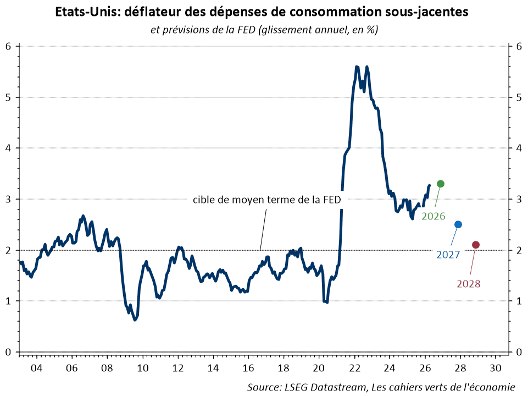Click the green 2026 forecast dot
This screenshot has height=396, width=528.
pos(441,184)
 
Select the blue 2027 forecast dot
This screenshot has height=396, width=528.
pos(458,224)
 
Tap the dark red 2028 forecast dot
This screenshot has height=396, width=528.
pos(476,245)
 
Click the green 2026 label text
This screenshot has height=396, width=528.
pos(433,216)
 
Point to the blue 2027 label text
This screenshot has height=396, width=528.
pos(448,255)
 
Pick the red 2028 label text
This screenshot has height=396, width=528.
pos(469,284)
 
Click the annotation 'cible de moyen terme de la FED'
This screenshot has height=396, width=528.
pos(266,200)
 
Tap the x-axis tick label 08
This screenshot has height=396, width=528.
pos(107,368)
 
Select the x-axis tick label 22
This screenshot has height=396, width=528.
pos(354,368)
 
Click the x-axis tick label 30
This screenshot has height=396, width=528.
pos(496,368)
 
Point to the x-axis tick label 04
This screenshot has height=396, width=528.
pos(36,368)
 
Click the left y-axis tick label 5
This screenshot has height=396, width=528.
pos(8,97)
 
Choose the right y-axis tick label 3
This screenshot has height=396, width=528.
pos(519,199)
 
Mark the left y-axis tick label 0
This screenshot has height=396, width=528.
pos(8,352)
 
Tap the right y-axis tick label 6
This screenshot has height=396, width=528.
pos(519,46)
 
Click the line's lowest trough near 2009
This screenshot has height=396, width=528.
pos(135,320)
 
